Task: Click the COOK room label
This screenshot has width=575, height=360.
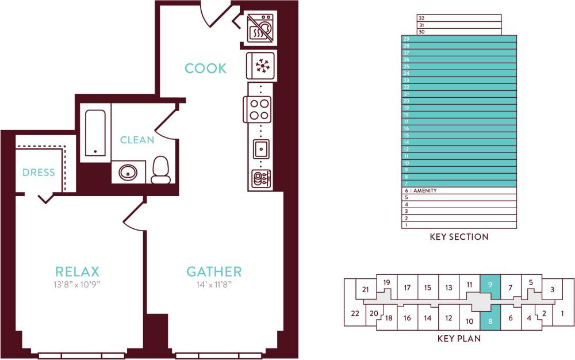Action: click(x=205, y=68)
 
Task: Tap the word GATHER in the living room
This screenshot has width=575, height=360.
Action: click(x=214, y=271)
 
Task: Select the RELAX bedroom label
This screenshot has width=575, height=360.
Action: click(x=77, y=271)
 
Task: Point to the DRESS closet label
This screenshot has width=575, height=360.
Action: click(x=39, y=173)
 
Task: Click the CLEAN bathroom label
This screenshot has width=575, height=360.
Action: click(x=137, y=140)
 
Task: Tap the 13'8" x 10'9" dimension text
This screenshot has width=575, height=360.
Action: click(x=77, y=284)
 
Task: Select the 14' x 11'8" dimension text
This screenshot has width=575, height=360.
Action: click(x=214, y=284)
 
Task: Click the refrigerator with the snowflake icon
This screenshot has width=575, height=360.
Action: click(x=262, y=65)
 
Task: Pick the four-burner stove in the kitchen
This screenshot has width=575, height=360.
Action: click(x=258, y=108)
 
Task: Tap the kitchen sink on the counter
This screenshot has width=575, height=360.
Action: click(x=262, y=149)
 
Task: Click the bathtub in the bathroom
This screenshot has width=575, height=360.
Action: click(x=95, y=132)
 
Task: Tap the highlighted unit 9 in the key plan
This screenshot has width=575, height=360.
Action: click(x=490, y=285)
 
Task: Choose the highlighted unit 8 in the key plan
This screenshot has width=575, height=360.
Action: click(x=490, y=321)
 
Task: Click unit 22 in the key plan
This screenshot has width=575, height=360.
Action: click(x=355, y=313)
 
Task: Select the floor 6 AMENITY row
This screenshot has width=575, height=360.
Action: click(x=459, y=190)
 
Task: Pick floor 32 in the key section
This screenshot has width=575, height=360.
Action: click(x=459, y=18)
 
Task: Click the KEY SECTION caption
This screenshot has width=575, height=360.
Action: click(x=459, y=237)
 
